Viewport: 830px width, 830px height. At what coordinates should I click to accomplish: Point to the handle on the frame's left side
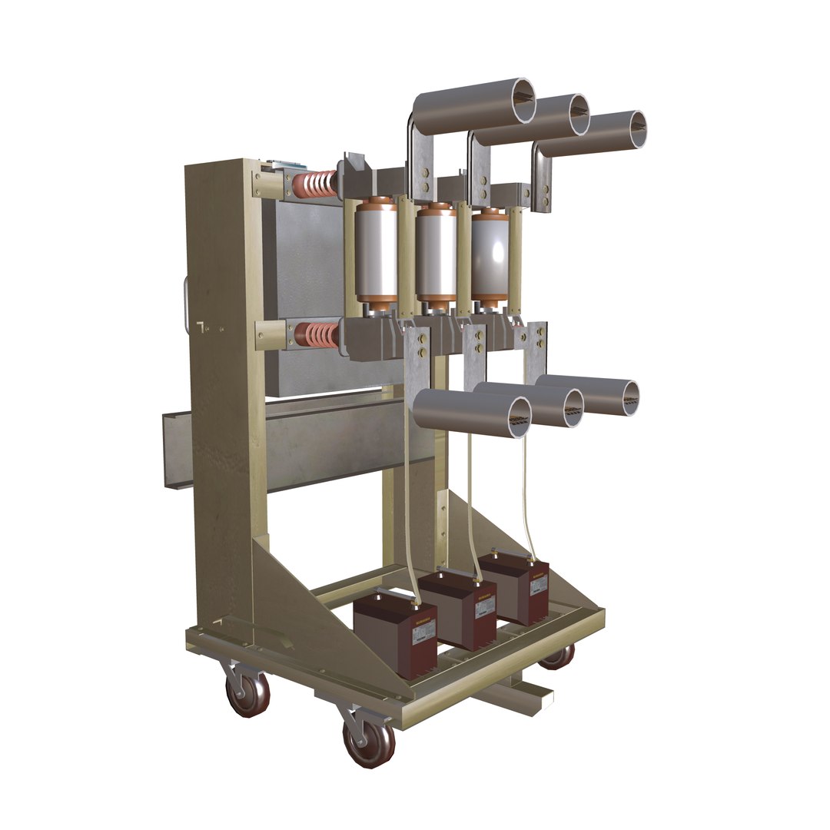[187, 305]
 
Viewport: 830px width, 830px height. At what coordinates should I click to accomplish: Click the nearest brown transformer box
[394, 633]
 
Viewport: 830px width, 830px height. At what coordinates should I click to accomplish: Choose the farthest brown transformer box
[514, 587]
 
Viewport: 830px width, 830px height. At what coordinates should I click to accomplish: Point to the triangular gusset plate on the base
[304, 607]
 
